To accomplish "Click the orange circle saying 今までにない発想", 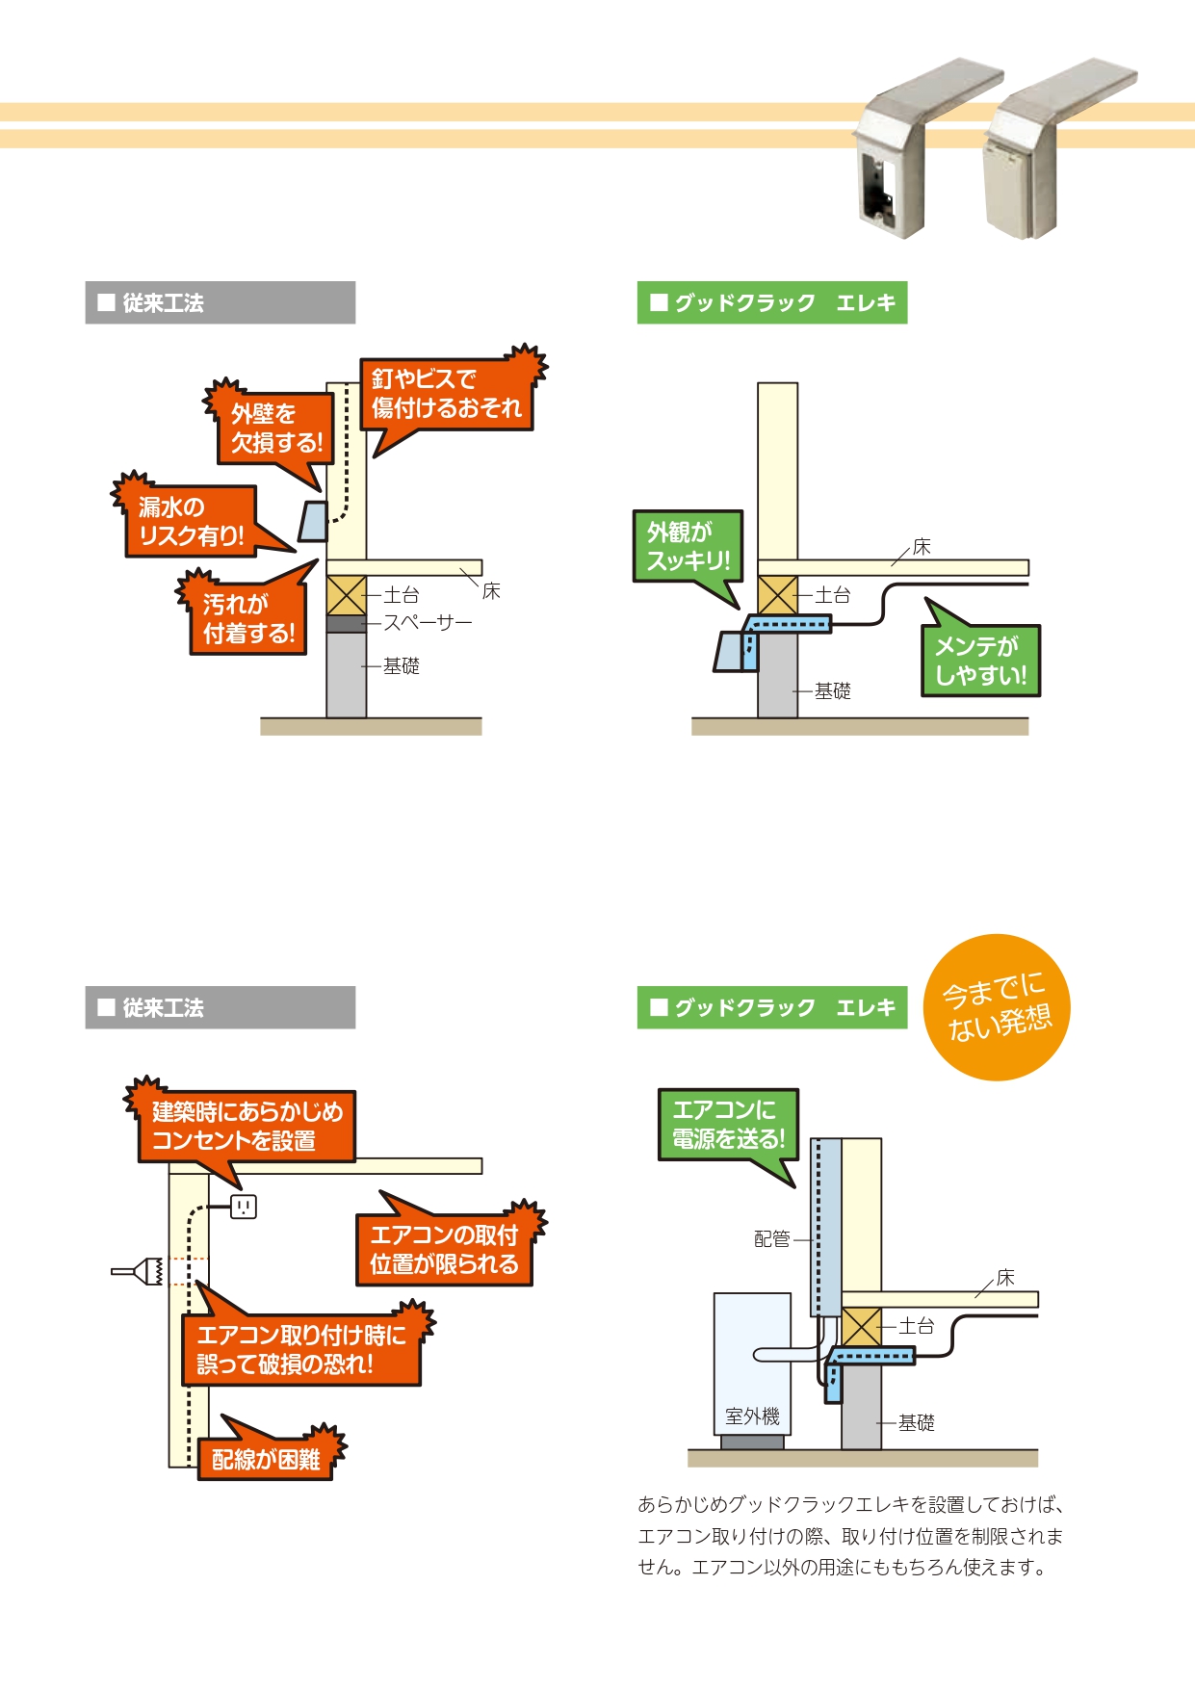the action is pyautogui.click(x=997, y=1007).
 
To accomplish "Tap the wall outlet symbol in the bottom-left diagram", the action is pyautogui.click(x=244, y=1206).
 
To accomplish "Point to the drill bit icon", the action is pyautogui.click(x=138, y=1271).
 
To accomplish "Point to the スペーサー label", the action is pyautogui.click(x=428, y=623).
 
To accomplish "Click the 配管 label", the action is pyautogui.click(x=771, y=1239).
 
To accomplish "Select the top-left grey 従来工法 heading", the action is pyautogui.click(x=220, y=302).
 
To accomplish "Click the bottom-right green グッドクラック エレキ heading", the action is pyautogui.click(x=772, y=1007).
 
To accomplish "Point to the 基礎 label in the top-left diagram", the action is pyautogui.click(x=402, y=665).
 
